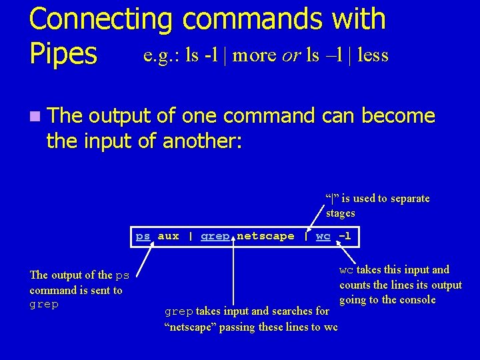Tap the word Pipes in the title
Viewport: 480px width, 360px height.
(63, 54)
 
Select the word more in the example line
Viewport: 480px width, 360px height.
(255, 55)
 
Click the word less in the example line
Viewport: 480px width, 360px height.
(373, 55)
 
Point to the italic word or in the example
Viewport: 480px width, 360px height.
(290, 55)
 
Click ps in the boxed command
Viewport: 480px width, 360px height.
(143, 236)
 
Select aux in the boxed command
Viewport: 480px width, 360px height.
(168, 236)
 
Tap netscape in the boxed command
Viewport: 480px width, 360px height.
(265, 236)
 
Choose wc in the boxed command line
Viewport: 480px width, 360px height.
(323, 236)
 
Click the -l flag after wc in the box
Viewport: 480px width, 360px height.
(344, 236)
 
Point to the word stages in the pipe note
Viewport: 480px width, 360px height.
(340, 213)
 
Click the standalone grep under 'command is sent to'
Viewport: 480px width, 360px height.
(44, 305)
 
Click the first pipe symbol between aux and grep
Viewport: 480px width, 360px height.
(191, 236)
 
